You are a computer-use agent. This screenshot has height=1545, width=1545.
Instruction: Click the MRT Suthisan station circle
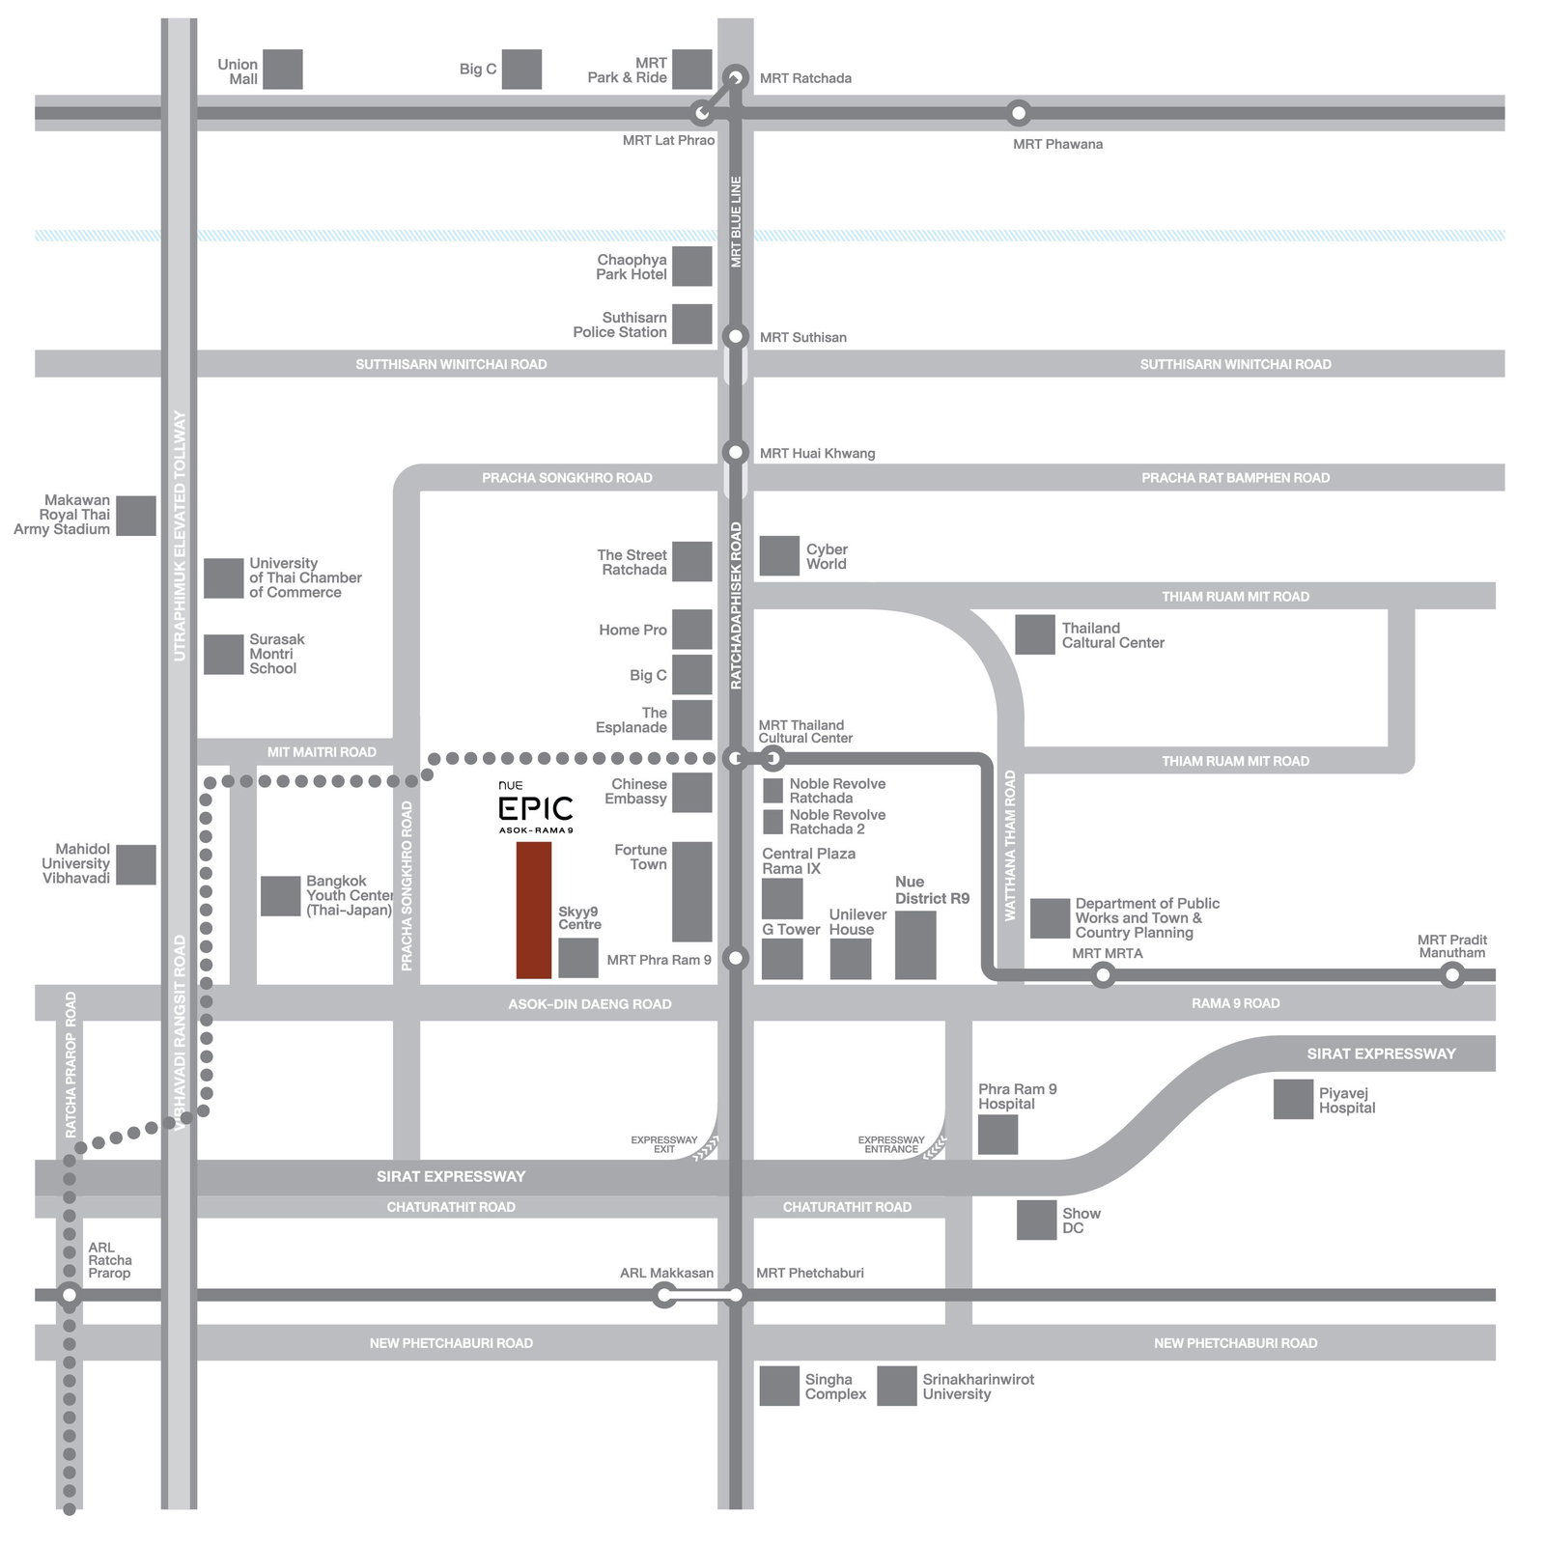pyautogui.click(x=736, y=336)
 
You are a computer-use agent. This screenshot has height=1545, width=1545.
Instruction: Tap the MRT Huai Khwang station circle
pyautogui.click(x=736, y=452)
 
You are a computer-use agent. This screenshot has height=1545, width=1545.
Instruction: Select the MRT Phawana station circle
pyautogui.click(x=1018, y=113)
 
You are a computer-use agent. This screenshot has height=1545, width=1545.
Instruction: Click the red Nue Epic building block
pyautogui.click(x=534, y=910)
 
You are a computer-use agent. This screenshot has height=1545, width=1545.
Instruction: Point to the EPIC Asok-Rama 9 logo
pyautogui.click(x=536, y=809)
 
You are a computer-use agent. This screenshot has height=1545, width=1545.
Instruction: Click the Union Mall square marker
pyautogui.click(x=283, y=70)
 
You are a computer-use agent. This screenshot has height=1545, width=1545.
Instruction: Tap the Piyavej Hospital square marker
pyautogui.click(x=1293, y=1099)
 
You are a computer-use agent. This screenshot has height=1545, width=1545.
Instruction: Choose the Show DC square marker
pyautogui.click(x=1036, y=1220)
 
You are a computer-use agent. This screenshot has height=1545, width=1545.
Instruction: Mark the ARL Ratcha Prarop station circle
pyautogui.click(x=70, y=1295)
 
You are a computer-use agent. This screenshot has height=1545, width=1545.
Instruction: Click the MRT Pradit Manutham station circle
pyautogui.click(x=1451, y=975)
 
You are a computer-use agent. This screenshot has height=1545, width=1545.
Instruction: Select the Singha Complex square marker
pyautogui.click(x=779, y=1386)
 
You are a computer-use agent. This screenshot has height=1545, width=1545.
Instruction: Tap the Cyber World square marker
pyautogui.click(x=779, y=555)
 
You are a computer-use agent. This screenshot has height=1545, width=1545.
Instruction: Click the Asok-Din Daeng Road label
pyautogui.click(x=589, y=1004)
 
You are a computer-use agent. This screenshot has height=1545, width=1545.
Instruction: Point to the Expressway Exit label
pyautogui.click(x=663, y=1144)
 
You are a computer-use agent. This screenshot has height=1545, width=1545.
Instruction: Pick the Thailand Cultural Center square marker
pyautogui.click(x=1035, y=634)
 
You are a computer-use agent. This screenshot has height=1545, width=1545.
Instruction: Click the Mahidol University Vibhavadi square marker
pyautogui.click(x=136, y=864)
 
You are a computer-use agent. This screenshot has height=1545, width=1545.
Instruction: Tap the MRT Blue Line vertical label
pyautogui.click(x=736, y=222)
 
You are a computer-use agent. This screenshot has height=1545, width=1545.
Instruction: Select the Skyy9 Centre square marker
pyautogui.click(x=578, y=958)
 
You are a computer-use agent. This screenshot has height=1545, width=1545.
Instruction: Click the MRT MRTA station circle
pyautogui.click(x=1103, y=975)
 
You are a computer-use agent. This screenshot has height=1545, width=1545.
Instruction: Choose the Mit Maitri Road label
pyautogui.click(x=322, y=752)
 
